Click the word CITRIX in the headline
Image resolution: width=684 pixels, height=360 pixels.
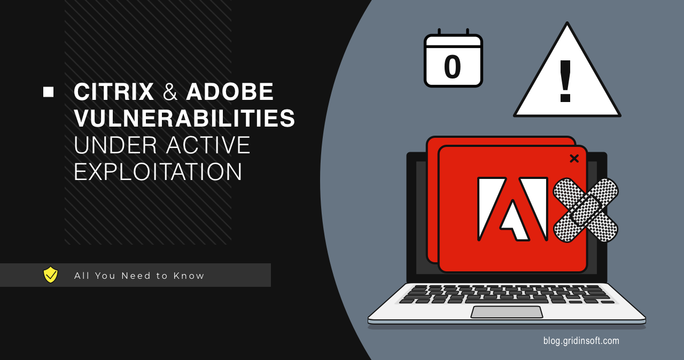point(114,92)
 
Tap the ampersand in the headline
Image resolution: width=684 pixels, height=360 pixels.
point(170,92)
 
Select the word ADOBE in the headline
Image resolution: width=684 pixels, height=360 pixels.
point(230,92)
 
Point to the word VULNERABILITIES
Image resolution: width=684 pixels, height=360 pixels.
point(184,118)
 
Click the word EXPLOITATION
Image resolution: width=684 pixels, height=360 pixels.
point(158,172)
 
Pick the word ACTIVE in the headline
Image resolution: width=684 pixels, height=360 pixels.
point(208,145)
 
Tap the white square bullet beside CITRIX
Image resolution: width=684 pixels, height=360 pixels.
point(49,92)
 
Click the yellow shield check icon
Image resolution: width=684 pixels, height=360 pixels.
point(50,275)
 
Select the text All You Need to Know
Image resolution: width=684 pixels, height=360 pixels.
point(139,276)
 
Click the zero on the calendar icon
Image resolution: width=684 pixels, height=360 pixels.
point(453,67)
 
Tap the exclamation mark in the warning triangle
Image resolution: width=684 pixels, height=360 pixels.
point(565,81)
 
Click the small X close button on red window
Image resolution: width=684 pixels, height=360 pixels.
point(574,158)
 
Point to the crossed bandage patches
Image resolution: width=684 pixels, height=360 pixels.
point(585,210)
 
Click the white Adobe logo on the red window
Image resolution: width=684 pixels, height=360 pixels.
point(512,209)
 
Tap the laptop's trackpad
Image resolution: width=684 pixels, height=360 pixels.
point(507,312)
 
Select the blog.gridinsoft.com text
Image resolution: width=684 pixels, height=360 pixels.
point(581,340)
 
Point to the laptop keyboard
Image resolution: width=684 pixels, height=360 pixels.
point(507,294)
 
